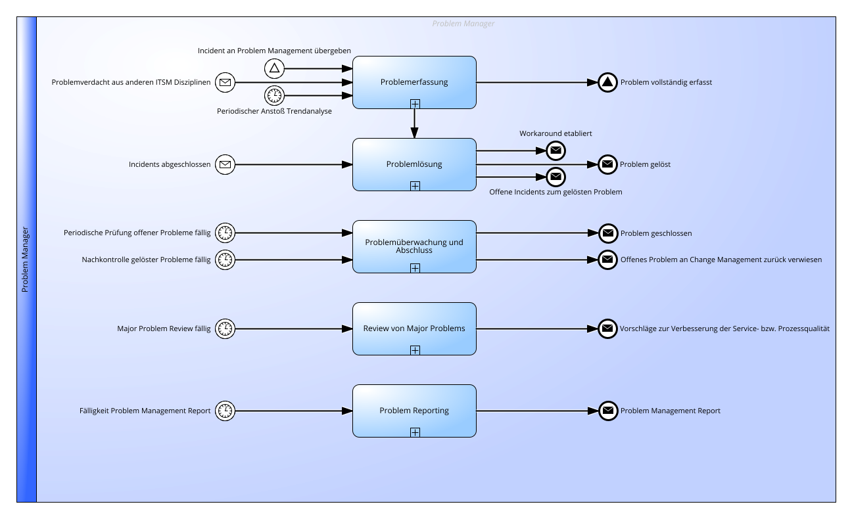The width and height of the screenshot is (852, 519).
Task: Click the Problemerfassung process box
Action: [x=414, y=83]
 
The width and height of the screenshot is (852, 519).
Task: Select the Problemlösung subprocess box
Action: [x=414, y=165]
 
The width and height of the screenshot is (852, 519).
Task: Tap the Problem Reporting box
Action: [x=414, y=411]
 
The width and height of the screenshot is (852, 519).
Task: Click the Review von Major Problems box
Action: [x=414, y=329]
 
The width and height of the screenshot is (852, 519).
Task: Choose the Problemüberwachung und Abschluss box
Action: [x=414, y=247]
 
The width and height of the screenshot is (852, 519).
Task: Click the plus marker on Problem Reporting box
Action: [x=415, y=432]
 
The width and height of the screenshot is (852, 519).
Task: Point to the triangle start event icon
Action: [x=274, y=69]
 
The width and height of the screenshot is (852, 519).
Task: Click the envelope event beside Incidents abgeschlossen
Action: [x=225, y=165]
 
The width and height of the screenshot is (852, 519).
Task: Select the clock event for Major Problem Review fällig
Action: [x=225, y=328]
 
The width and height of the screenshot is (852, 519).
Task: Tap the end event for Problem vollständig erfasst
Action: [x=607, y=82]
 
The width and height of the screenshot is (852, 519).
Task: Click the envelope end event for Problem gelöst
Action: [x=607, y=164]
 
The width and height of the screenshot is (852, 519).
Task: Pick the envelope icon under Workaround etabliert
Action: [x=556, y=150]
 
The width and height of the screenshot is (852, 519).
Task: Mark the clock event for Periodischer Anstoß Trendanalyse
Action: [x=274, y=95]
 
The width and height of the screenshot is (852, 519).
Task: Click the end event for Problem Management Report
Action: [x=608, y=411]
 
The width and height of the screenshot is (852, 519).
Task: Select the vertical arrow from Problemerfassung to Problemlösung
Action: [x=414, y=124]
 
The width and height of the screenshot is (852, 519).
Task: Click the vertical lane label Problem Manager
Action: [x=25, y=259]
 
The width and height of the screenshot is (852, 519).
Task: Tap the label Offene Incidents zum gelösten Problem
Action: [x=556, y=192]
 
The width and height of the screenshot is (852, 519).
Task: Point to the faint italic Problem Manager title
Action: [x=463, y=24]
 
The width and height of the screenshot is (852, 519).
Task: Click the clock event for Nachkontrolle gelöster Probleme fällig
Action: [x=225, y=259]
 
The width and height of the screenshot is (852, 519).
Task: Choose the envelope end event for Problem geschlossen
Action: [x=608, y=233]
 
